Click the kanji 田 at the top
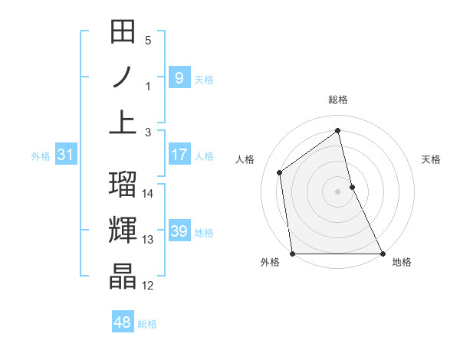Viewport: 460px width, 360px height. tap(123, 33)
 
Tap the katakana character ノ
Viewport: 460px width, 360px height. tap(123, 77)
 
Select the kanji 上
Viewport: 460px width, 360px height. tap(123, 122)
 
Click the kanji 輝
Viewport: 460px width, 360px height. tap(123, 230)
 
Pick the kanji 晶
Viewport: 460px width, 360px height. tap(123, 276)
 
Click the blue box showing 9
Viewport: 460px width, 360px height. tap(179, 77)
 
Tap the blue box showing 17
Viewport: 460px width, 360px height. tap(179, 155)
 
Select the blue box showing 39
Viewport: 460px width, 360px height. tap(179, 231)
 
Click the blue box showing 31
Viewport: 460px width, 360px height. tap(65, 155)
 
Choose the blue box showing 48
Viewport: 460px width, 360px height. tap(122, 322)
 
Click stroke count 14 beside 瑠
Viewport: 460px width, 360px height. tap(148, 194)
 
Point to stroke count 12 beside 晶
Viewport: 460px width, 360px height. tap(148, 286)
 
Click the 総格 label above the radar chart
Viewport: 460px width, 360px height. tap(338, 100)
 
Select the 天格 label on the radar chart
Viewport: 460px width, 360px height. tap(432, 159)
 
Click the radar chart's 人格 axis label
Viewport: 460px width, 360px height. tap(245, 159)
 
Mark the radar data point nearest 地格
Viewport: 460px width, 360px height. tap(382, 254)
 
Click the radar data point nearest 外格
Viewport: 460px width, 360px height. tap(293, 254)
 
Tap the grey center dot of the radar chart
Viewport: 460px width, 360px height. tap(338, 191)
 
